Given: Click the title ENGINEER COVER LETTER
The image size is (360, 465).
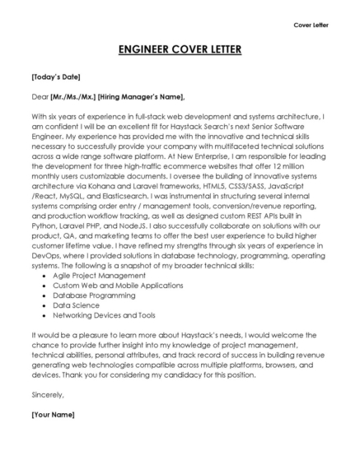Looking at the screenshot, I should click(180, 50).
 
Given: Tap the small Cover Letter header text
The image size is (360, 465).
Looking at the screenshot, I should click(311, 25).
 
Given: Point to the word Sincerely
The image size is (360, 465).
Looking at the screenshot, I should click(47, 394).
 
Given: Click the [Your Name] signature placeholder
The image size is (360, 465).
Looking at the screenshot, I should click(53, 414).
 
